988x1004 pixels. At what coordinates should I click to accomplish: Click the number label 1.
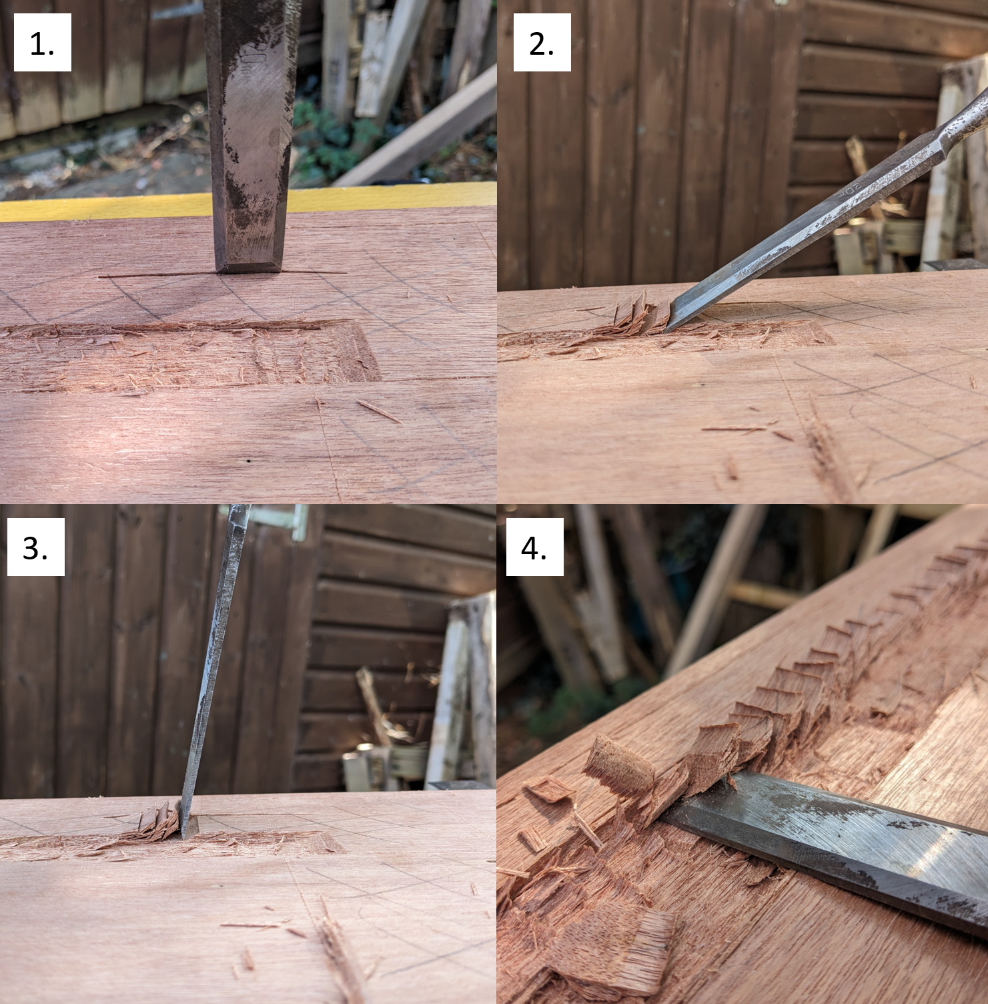[42, 43]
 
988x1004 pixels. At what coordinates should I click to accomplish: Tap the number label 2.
[541, 43]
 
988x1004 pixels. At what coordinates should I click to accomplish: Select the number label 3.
[35, 547]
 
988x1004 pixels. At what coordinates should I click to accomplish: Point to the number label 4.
[534, 547]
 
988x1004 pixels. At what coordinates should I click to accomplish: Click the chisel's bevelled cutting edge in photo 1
[248, 266]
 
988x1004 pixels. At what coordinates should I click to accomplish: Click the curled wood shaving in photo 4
[619, 764]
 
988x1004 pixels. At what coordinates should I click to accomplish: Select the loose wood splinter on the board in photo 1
[379, 411]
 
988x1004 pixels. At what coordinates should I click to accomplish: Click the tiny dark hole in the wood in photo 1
[249, 461]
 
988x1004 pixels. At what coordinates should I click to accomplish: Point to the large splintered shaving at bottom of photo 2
[827, 454]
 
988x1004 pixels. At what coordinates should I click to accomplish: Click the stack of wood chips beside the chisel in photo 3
[159, 821]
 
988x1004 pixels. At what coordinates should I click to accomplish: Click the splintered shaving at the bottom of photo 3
[340, 955]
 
